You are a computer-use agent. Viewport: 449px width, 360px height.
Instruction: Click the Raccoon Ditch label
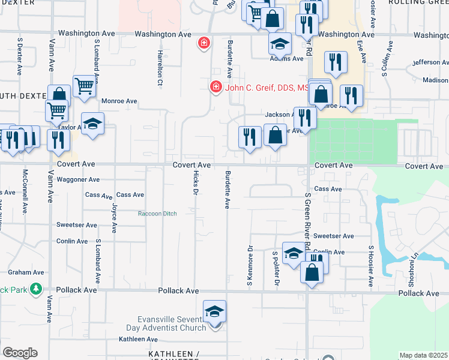pos(157,214)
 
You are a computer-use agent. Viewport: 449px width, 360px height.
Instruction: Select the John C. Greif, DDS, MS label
pos(268,88)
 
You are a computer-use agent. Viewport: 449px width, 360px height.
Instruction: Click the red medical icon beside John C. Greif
pos(215,88)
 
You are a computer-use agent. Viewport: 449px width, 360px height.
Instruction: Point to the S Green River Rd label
pos(307,221)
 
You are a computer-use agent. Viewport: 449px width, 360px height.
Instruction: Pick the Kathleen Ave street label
pos(138,339)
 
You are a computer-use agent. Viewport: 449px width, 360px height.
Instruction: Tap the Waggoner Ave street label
pos(78,179)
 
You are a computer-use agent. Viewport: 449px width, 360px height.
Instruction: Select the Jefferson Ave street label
pos(430,62)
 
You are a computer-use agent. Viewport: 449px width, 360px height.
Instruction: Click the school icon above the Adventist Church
pos(214,311)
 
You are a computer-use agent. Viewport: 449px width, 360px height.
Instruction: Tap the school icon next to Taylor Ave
pos(92,124)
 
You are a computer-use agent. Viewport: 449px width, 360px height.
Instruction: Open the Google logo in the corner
pos(20,353)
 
